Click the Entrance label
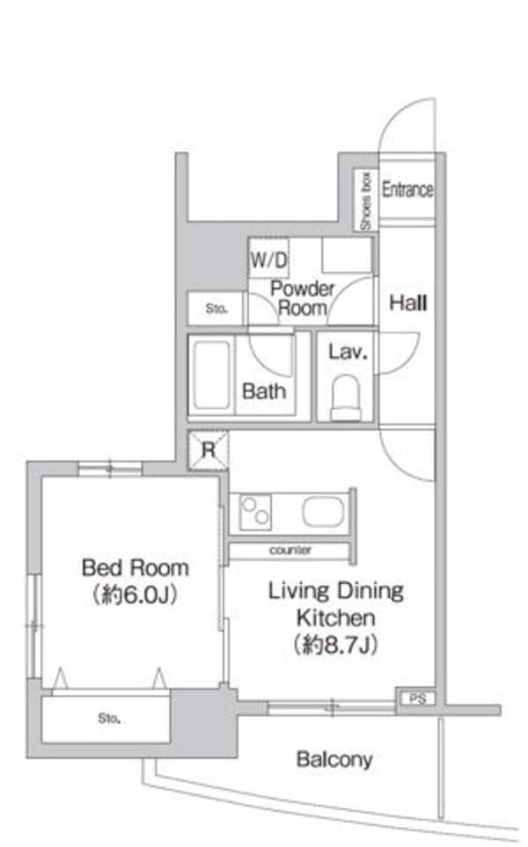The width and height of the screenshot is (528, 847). point(407,190)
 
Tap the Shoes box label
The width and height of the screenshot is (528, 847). point(366,201)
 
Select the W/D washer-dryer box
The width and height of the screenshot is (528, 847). point(268,259)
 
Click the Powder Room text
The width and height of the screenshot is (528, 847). point(302,297)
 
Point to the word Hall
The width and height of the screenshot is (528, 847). point(408,303)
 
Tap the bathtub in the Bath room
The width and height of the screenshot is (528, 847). point(211,375)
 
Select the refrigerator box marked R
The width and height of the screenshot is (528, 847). point(208,450)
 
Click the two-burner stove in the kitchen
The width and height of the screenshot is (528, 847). point(255,512)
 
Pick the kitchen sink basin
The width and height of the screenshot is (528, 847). point(323,512)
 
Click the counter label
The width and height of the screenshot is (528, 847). point(290,551)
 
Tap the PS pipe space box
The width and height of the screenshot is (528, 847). point(416,698)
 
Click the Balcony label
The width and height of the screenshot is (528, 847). point(334,760)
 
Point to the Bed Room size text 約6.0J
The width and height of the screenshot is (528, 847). point(136,595)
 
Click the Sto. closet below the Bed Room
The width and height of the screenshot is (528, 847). point(106,719)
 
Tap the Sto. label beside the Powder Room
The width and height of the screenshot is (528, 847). point(216,309)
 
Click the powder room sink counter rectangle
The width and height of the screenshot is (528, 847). point(347,255)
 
